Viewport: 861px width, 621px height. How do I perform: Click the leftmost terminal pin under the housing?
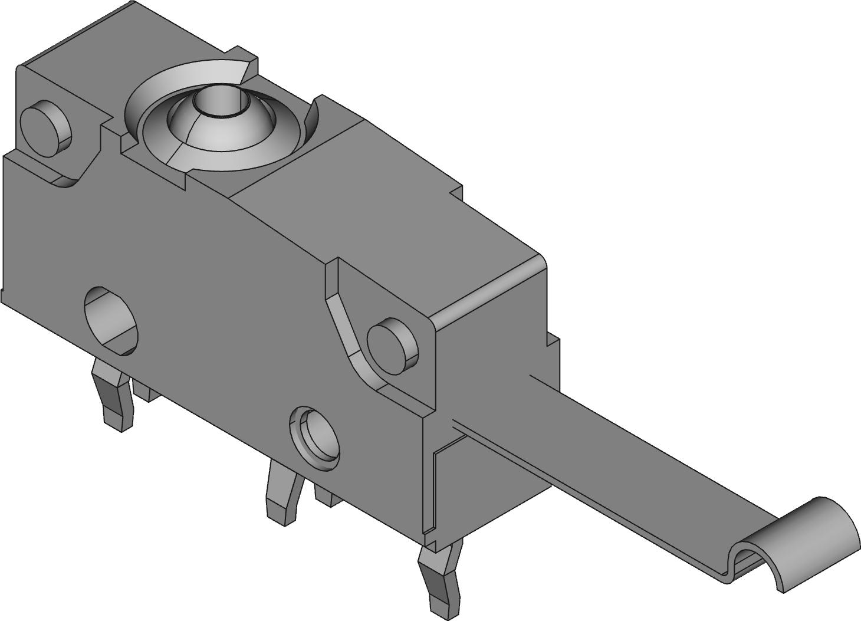coord(116,395)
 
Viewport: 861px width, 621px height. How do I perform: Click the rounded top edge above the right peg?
coord(489,289)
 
